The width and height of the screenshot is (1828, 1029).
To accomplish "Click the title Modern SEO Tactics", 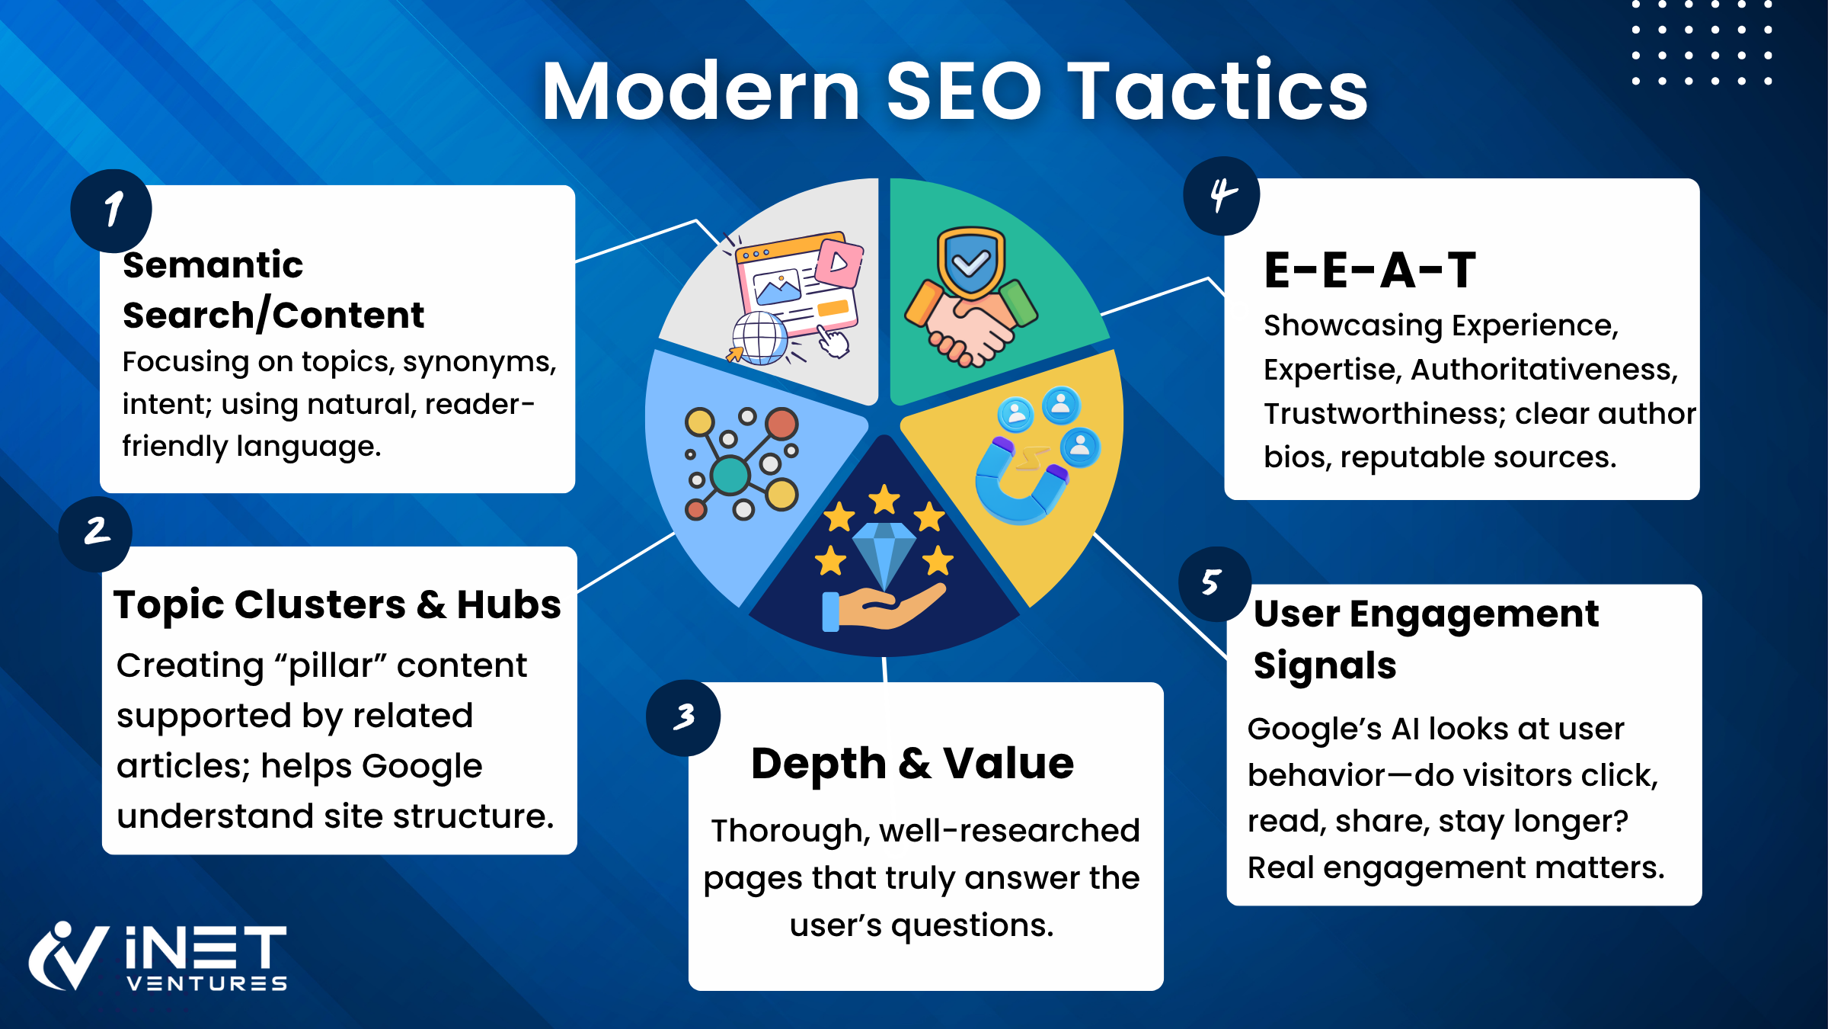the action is [x=955, y=91].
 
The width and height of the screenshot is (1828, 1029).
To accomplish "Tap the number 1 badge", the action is [x=111, y=211].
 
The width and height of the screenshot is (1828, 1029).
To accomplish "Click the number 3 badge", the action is [x=683, y=717].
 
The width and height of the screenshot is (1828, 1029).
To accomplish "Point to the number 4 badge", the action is [x=1222, y=196].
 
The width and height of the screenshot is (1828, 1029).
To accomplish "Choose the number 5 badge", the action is [x=1215, y=584].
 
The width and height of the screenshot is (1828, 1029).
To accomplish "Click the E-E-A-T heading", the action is [x=1370, y=270].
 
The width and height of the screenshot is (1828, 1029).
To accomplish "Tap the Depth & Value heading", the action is [x=912, y=763].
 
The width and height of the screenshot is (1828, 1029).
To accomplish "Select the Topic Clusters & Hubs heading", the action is [x=337, y=605].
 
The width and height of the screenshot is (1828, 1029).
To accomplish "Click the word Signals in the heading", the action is [x=1325, y=666].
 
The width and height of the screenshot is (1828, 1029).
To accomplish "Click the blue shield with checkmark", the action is [x=971, y=262].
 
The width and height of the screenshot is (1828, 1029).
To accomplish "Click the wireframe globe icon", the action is [x=759, y=338].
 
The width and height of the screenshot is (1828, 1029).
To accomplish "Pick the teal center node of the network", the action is [x=730, y=475].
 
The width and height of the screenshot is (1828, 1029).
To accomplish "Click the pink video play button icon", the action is [x=839, y=261].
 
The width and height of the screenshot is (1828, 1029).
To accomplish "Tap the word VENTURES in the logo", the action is [x=207, y=983].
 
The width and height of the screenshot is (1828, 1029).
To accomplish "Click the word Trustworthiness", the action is [x=1385, y=414].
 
